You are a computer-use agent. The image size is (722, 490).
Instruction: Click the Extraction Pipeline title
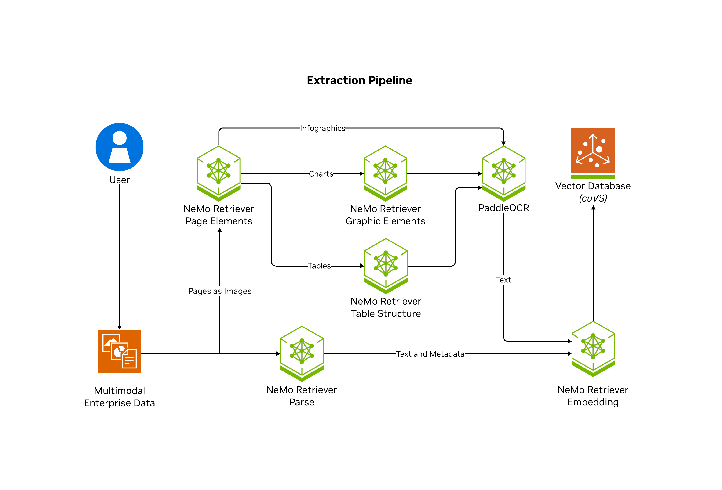click(359, 80)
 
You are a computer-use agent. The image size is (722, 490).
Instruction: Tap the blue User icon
click(120, 147)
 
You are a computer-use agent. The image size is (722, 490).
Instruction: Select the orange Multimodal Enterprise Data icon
click(120, 351)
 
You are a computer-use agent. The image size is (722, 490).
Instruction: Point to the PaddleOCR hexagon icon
click(503, 173)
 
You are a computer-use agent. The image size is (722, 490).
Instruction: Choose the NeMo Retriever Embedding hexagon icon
click(593, 348)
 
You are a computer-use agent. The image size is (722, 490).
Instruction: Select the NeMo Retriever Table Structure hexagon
click(386, 266)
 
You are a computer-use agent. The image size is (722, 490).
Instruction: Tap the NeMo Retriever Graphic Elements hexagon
click(385, 173)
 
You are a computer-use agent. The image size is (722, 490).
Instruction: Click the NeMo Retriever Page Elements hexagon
click(219, 173)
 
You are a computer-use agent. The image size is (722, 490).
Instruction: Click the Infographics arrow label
click(322, 128)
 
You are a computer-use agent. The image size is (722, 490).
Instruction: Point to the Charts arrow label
click(321, 174)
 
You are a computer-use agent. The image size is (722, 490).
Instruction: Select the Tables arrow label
click(319, 266)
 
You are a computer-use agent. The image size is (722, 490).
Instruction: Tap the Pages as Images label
click(220, 291)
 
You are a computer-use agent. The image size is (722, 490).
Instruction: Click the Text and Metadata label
click(430, 354)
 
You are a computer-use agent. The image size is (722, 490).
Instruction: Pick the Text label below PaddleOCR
click(503, 280)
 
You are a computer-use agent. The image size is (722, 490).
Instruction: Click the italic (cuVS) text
click(593, 198)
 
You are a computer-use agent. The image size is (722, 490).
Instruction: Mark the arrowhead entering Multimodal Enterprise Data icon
click(120, 327)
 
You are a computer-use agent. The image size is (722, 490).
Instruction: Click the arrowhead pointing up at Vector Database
click(593, 208)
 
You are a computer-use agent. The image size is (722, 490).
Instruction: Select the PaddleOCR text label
click(503, 208)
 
